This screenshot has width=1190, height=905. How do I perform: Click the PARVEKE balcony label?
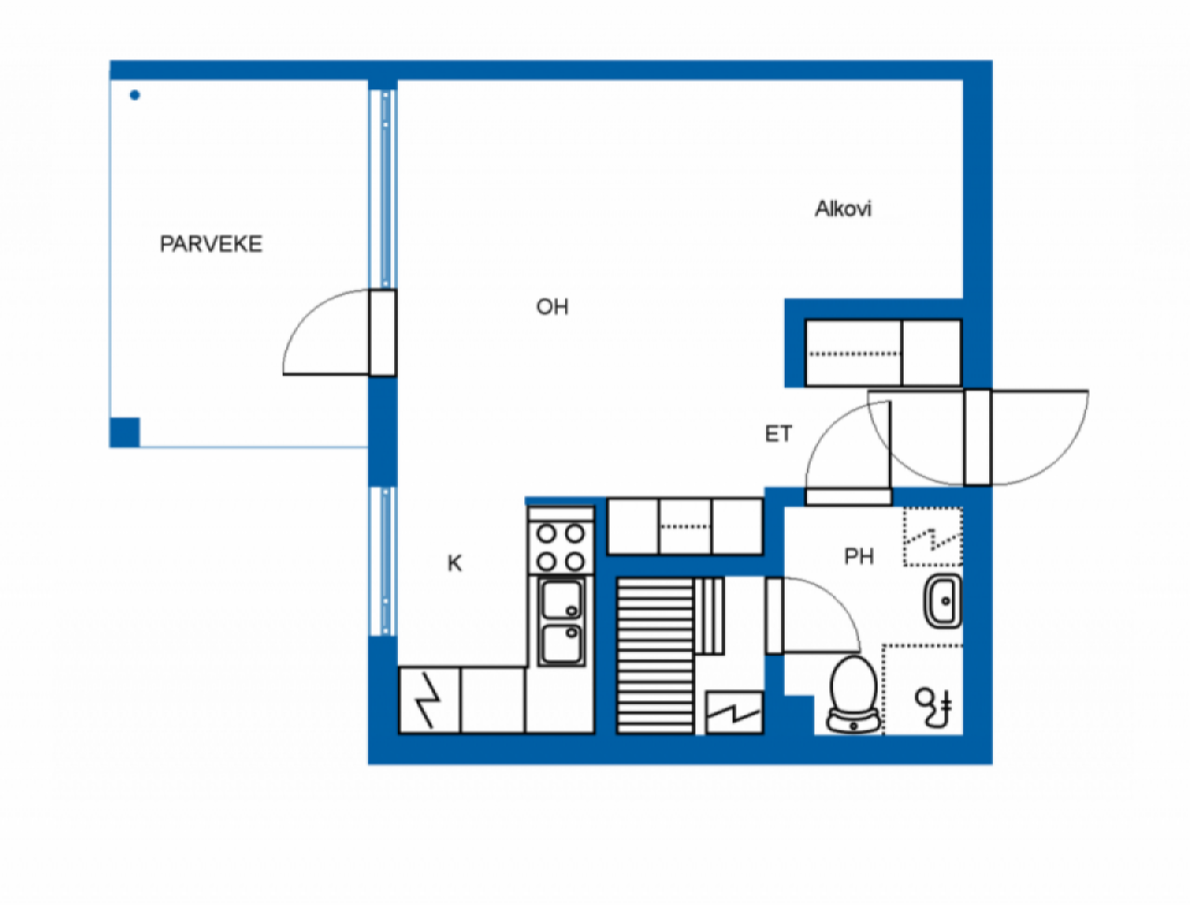(211, 244)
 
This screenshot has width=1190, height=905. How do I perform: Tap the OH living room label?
(551, 307)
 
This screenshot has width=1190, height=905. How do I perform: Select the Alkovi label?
(843, 208)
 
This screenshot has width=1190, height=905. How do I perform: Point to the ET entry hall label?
(778, 433)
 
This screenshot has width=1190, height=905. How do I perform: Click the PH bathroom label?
(859, 556)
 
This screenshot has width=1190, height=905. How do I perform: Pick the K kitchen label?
(455, 563)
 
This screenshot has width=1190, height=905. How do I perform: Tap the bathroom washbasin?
(943, 600)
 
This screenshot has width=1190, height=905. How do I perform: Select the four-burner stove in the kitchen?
(561, 547)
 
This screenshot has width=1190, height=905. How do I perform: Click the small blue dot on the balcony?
(135, 95)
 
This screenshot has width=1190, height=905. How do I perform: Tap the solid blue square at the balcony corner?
(125, 433)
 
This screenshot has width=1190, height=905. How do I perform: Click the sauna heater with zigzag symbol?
(734, 712)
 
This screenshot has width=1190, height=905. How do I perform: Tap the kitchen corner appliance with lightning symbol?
(430, 699)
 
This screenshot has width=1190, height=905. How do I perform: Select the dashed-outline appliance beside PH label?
(932, 537)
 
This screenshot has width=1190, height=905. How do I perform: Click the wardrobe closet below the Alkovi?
(882, 353)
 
